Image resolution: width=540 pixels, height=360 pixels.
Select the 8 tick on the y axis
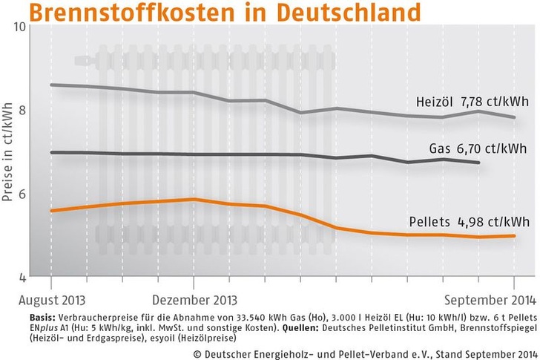coord(22,110)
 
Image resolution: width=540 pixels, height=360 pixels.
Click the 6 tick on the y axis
coord(22,194)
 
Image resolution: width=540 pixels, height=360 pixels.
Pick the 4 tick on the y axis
coord(22,278)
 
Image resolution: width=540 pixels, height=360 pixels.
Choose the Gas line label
coord(440,148)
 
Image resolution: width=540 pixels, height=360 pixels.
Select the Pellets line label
coord(429,221)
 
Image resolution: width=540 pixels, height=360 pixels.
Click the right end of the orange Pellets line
coord(514,236)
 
